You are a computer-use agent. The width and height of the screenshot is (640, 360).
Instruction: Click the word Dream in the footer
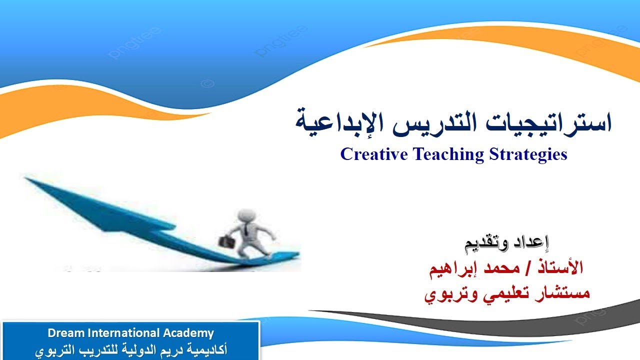[62, 333]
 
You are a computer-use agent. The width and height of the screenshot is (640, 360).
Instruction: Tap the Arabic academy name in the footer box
[131, 349]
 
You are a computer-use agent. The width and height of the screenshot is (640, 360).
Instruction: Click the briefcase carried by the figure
[225, 240]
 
